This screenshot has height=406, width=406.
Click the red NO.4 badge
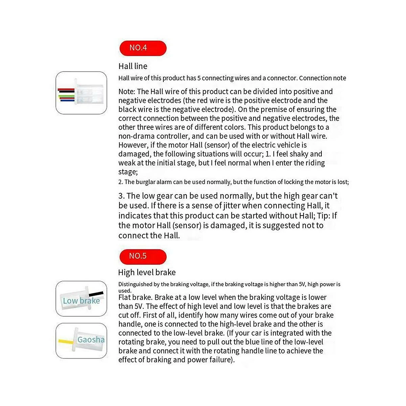pos(143,48)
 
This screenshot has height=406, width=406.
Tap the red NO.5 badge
pos(143,256)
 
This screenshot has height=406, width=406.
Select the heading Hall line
pos(133,66)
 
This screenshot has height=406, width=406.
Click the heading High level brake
pos(147,272)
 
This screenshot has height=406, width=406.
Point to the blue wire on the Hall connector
pos(67,100)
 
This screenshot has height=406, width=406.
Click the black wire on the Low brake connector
pos(96,293)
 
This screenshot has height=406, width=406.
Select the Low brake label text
pos(81,301)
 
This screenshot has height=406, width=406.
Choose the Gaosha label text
pos(91,339)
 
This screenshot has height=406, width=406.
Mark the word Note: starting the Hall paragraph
pos(127,92)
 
